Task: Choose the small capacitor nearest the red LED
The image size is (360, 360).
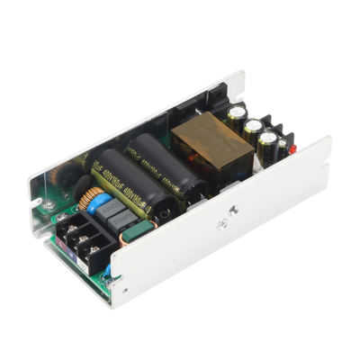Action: pyautogui.click(x=268, y=144)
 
